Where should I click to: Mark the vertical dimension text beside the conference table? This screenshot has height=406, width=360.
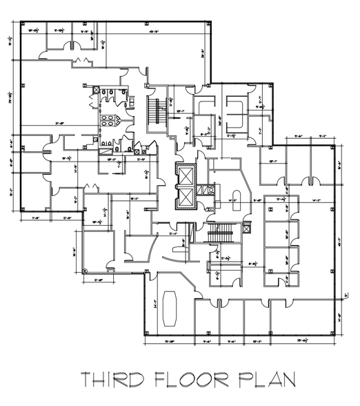coord(156,302)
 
